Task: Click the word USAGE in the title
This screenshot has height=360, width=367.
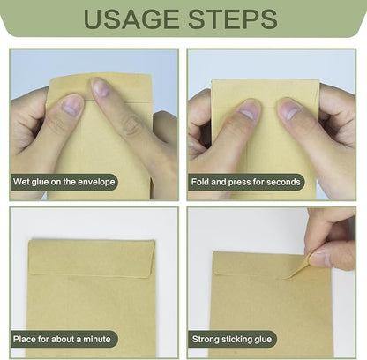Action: point(131,19)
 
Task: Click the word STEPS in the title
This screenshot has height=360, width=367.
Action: point(233,19)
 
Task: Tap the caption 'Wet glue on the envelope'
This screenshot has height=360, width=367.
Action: point(64,182)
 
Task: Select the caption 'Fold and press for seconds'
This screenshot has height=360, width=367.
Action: point(246,182)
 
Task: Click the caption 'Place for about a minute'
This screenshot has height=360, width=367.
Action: point(62,339)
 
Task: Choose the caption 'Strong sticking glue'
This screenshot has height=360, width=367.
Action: point(232,339)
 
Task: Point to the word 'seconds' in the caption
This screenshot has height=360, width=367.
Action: point(283,182)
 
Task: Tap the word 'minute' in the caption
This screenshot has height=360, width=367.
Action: point(97,339)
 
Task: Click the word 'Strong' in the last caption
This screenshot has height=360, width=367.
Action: point(206,339)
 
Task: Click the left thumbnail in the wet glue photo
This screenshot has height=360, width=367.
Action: point(71,107)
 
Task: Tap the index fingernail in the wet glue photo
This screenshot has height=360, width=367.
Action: point(101,87)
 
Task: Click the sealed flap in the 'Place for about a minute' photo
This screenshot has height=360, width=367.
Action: point(92,258)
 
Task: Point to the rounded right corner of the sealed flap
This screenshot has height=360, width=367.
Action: point(151,274)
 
